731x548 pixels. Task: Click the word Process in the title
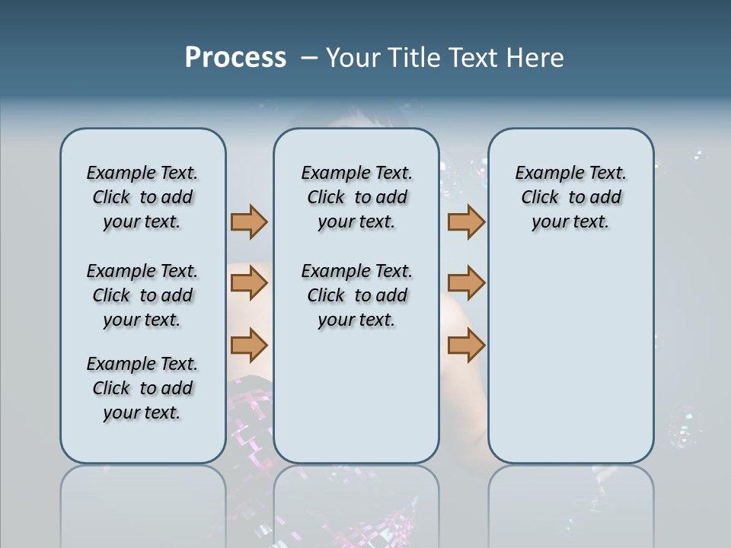(x=235, y=58)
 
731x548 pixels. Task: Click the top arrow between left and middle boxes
(x=249, y=221)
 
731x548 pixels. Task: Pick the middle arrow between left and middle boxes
(x=249, y=283)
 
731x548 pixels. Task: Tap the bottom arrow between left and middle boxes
(x=249, y=345)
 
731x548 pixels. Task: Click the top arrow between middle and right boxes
(x=466, y=221)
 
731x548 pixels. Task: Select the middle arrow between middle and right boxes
(x=466, y=283)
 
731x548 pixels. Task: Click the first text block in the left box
(x=142, y=197)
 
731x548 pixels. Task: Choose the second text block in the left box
(x=142, y=295)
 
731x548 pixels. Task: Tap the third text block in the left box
(x=142, y=388)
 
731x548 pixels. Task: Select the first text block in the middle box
(x=356, y=197)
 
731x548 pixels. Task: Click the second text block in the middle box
(x=356, y=295)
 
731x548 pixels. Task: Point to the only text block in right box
(x=570, y=197)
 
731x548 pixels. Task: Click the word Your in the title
(x=350, y=58)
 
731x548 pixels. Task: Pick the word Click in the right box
(x=540, y=198)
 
